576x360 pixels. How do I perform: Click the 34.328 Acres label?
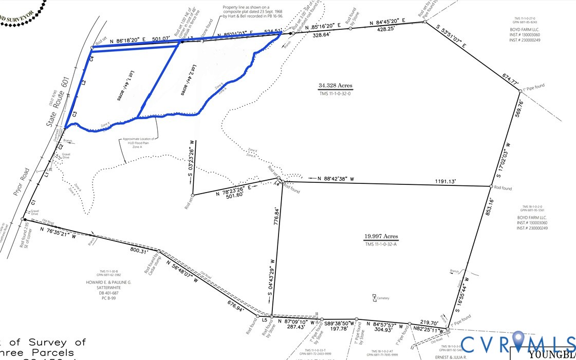point(335,86)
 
